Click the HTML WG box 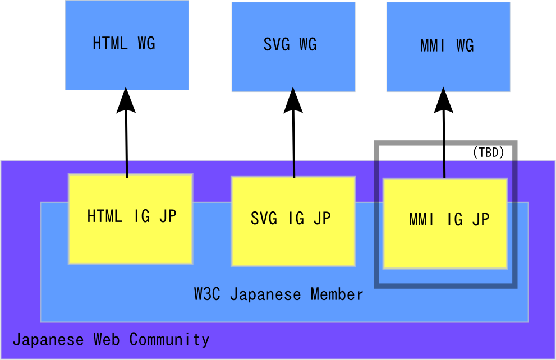click(126, 45)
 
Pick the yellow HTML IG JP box click(130, 219)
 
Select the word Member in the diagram click(337, 294)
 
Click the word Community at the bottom click(169, 339)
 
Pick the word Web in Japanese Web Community click(106, 339)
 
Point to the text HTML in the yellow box click(104, 216)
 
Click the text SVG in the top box click(276, 45)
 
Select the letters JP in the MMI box click(481, 220)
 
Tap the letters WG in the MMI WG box click(465, 45)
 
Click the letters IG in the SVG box click(296, 219)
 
